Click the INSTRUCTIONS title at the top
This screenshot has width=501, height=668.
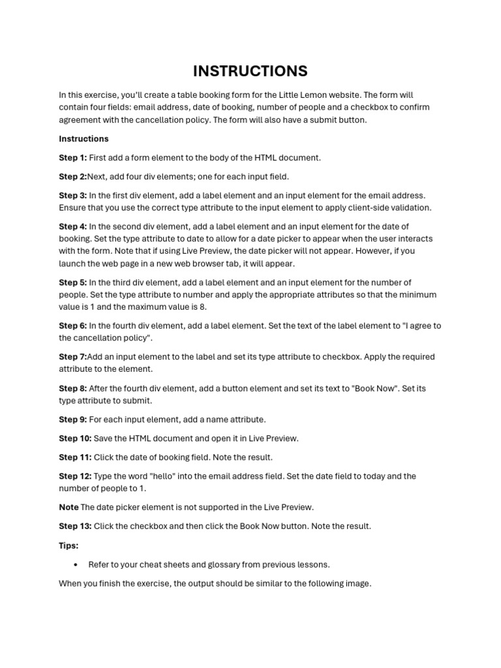[x=250, y=71]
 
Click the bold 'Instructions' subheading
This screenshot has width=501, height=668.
[x=83, y=139]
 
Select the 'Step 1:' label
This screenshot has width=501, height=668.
[x=72, y=158]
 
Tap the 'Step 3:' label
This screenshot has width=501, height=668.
[x=72, y=195]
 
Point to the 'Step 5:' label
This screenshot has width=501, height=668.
[x=72, y=282]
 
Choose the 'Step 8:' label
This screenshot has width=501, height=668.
[x=72, y=388]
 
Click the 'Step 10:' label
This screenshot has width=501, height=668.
[x=75, y=438]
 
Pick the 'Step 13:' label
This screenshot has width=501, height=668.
[x=75, y=526]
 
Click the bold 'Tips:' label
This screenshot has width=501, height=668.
[x=68, y=545]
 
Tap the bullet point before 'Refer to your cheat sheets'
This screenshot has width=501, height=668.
[x=76, y=564]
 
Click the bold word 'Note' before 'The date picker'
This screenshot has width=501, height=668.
[x=68, y=507]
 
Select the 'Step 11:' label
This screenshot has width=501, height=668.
[x=75, y=457]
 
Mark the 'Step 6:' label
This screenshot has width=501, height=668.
[x=72, y=326]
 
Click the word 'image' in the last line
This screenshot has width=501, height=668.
[x=357, y=583]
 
